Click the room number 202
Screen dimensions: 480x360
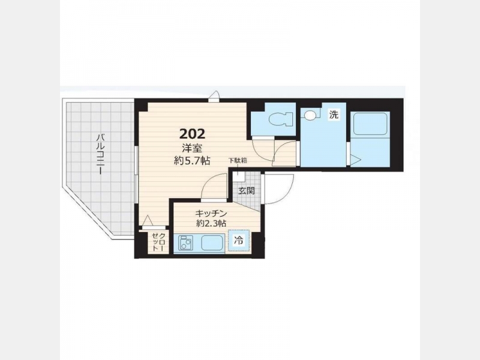(x=192, y=133)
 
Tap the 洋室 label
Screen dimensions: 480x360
(x=192, y=148)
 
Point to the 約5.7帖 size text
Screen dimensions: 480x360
(x=192, y=161)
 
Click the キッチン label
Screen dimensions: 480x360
(x=211, y=213)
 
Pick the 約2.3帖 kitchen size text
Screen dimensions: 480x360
(x=211, y=223)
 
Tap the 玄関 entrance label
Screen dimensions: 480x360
(x=247, y=191)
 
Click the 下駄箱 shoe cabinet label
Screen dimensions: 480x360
(x=238, y=160)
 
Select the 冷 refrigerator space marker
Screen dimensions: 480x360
(x=239, y=241)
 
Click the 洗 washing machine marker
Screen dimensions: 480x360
(x=334, y=115)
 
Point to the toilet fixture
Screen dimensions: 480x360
(x=280, y=118)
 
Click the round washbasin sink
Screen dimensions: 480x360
(x=310, y=115)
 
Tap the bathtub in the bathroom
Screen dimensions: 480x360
(x=370, y=124)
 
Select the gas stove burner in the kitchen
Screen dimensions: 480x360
(x=185, y=243)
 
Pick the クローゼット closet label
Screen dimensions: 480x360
(x=158, y=242)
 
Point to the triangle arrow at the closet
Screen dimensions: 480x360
(x=148, y=220)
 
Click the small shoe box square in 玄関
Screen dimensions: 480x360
(x=239, y=175)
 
